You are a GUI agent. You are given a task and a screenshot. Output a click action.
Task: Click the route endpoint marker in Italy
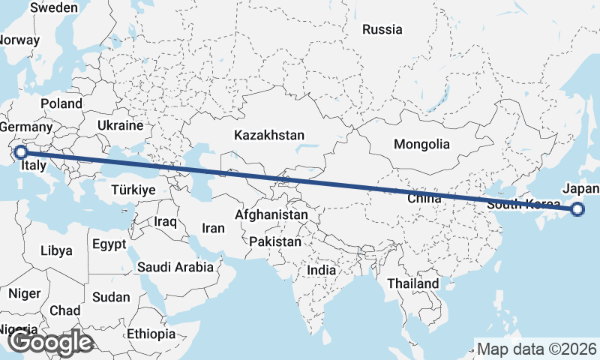[21, 152]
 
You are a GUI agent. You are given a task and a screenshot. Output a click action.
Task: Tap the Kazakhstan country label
[268, 136]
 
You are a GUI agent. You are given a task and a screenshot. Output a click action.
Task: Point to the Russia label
[382, 30]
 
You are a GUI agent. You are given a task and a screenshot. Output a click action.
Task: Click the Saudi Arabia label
[175, 266]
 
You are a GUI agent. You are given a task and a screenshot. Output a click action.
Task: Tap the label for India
[322, 270]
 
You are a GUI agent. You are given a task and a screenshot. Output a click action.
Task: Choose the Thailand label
[412, 284]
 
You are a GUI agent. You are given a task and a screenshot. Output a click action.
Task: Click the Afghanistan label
[271, 215]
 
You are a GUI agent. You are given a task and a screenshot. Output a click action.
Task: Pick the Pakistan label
[275, 242]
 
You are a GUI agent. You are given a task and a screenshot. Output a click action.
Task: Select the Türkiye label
[133, 190]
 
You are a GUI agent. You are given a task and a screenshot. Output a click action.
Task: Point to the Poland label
[61, 103]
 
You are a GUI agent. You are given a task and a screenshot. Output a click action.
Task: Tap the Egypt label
[109, 244]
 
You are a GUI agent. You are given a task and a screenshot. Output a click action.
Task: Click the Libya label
[56, 250]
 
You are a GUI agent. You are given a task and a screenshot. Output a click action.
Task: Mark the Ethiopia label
[151, 334]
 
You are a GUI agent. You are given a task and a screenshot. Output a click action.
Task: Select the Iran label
[213, 227]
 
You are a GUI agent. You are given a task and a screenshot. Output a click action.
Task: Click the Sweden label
[53, 7]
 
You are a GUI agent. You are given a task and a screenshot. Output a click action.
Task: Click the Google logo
[50, 342]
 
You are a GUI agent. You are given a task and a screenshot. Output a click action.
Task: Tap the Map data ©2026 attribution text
[537, 349]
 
